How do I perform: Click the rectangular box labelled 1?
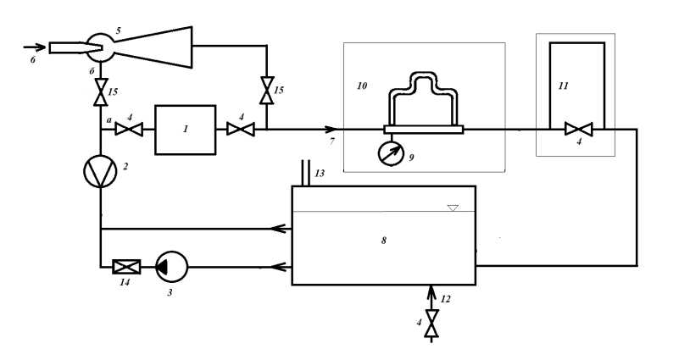pyautogui.click(x=185, y=130)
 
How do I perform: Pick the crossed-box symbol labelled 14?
pyautogui.click(x=126, y=267)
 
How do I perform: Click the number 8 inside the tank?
pyautogui.click(x=383, y=241)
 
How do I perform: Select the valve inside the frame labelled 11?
pyautogui.click(x=579, y=130)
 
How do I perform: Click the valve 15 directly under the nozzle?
pyautogui.click(x=101, y=88)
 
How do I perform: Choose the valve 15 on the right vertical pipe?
pyautogui.click(x=267, y=89)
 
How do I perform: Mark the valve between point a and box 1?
pyautogui.click(x=129, y=130)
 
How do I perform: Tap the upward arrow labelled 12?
pyautogui.click(x=431, y=294)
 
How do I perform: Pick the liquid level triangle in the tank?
pyautogui.click(x=453, y=208)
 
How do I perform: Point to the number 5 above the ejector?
pyautogui.click(x=118, y=30)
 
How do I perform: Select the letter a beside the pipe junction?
pyautogui.click(x=109, y=121)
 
